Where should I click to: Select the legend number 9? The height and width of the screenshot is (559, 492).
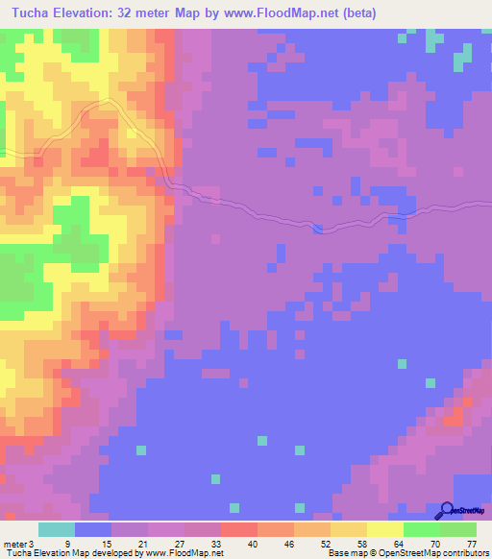pos(65,542)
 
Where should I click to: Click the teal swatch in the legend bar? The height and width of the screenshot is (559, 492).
pos(57,529)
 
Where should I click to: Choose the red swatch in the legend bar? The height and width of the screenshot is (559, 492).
pos(239,529)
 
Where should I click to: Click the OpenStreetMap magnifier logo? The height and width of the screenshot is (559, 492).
pos(445,511)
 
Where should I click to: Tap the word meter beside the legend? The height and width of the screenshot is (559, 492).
pos(15,542)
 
